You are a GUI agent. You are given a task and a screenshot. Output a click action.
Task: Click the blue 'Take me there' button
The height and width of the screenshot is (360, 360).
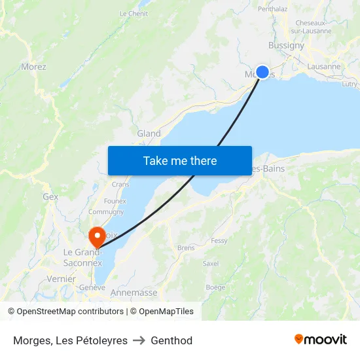[x=180, y=160]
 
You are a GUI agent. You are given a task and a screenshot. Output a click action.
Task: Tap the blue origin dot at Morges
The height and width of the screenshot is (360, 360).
[x=262, y=72]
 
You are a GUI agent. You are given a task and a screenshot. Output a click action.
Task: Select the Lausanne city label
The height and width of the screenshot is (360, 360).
[x=323, y=66]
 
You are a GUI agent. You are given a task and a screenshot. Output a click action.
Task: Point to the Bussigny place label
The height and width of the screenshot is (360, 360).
[x=286, y=45]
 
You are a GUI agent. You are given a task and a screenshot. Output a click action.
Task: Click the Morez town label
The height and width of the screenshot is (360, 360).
[x=33, y=66]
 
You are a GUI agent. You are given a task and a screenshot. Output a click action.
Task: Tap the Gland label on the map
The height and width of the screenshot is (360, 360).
[x=149, y=134]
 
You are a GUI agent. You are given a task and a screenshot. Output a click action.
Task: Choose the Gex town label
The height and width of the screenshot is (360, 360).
[x=50, y=196]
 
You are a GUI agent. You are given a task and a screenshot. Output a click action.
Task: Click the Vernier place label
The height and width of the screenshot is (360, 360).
[x=62, y=278]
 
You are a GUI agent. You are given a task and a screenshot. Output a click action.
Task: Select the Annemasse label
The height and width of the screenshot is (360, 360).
[x=134, y=293]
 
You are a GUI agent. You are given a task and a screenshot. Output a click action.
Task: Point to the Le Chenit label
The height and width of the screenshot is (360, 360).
[x=134, y=13]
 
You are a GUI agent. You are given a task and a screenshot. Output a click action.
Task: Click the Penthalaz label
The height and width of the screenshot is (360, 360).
[x=273, y=9]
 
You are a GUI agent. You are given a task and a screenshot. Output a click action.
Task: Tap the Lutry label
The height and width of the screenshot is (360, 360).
[x=350, y=84]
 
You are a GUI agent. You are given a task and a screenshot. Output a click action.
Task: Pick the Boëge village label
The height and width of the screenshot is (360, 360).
[x=215, y=287]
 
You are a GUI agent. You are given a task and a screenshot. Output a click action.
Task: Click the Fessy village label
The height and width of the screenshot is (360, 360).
[x=219, y=241]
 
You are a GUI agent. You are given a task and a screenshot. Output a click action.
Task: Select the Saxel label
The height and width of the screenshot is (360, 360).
[x=211, y=263]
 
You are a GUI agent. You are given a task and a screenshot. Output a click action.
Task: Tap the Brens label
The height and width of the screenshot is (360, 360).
[x=186, y=248]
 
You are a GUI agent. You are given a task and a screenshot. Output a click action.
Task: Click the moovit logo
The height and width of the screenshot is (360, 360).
[x=321, y=339]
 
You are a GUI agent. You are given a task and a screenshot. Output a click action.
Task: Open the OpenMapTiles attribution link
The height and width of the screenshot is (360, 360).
[x=162, y=312]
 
